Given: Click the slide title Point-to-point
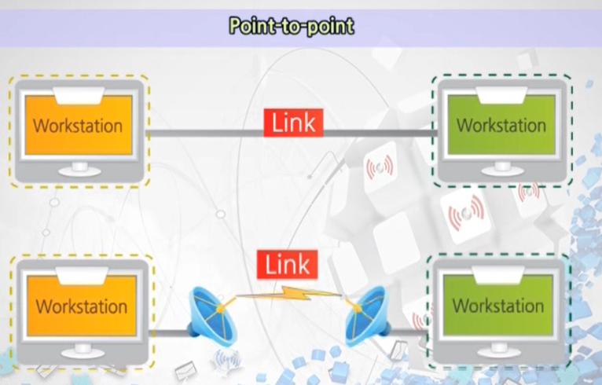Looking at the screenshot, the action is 292,26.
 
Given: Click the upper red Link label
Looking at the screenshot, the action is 293,123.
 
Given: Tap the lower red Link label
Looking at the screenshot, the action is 287,265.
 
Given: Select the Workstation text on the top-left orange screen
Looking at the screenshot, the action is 78,126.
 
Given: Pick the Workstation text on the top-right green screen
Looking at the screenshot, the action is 501,125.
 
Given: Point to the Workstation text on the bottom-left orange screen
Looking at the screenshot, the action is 81,305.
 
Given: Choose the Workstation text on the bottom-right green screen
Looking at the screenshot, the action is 497,305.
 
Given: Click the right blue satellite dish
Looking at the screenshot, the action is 367,313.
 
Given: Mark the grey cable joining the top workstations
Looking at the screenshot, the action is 204,133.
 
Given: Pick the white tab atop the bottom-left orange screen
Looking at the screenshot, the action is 81,275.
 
